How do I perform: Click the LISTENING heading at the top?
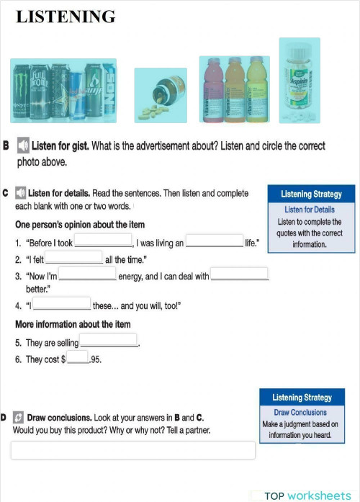66,17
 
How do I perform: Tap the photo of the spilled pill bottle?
160,95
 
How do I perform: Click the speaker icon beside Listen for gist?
22,146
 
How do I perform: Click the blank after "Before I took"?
104,241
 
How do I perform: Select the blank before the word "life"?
215,241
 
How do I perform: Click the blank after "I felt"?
75,257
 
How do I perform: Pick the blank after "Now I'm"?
87,274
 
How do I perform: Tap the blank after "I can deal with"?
239,274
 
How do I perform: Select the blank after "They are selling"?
108,340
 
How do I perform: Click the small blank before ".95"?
77,357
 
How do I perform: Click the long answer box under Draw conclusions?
132,450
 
